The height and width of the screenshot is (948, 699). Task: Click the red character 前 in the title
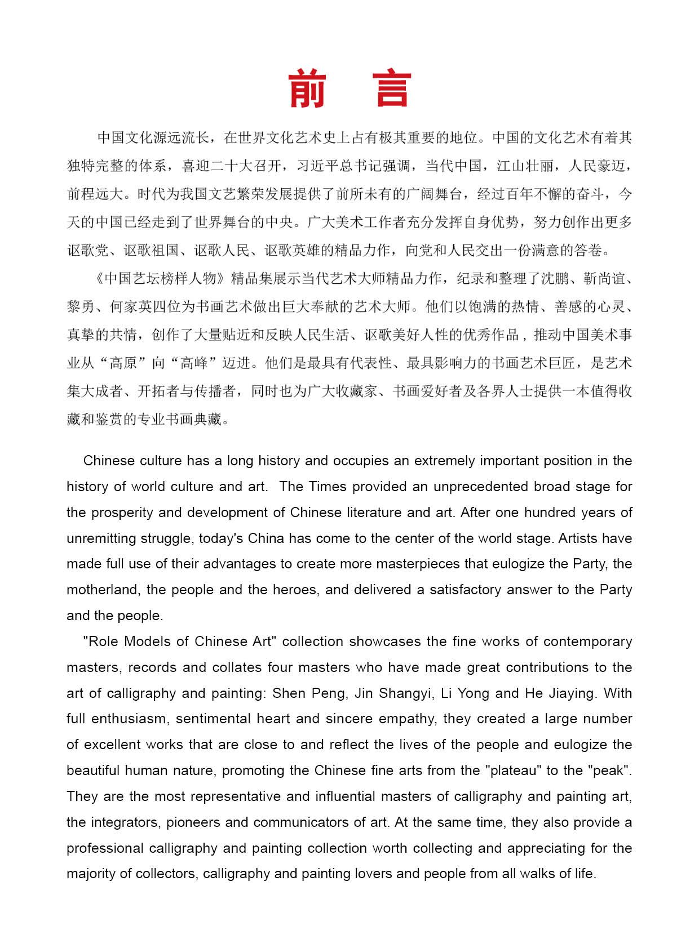point(307,89)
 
